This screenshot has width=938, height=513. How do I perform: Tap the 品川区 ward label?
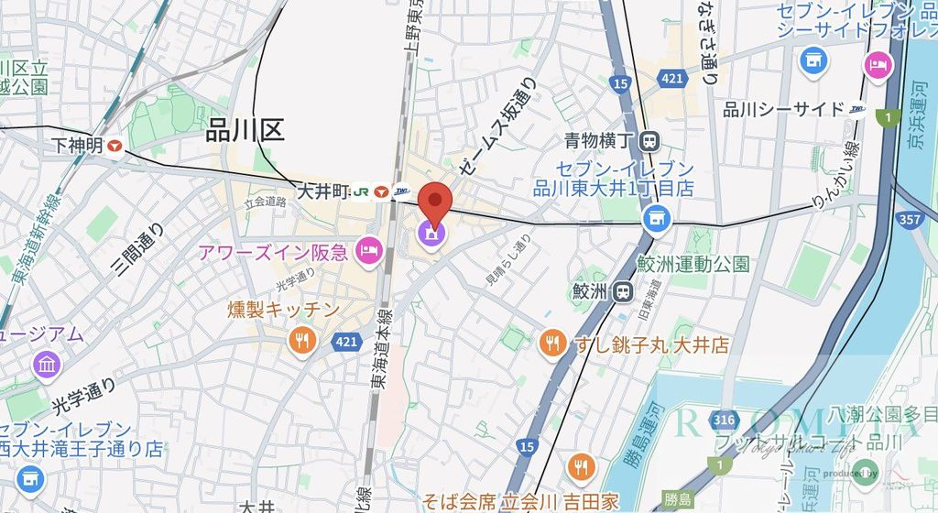click(x=245, y=131)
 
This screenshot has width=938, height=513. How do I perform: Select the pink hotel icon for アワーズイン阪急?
click(x=368, y=249)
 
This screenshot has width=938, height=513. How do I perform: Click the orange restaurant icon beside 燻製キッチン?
click(x=301, y=342)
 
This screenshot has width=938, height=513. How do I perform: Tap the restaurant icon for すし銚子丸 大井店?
click(x=551, y=344)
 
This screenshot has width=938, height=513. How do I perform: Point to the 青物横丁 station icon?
click(x=650, y=141)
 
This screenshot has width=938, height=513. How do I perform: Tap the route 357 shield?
click(x=910, y=220)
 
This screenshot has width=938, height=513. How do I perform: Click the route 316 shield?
click(x=724, y=420)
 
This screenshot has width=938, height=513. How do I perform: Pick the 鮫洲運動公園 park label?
click(x=693, y=264)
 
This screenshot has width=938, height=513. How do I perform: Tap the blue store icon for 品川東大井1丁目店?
click(x=654, y=217)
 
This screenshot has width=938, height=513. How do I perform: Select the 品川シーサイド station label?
click(x=783, y=110)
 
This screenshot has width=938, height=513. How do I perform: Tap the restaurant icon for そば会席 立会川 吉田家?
click(x=580, y=466)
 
